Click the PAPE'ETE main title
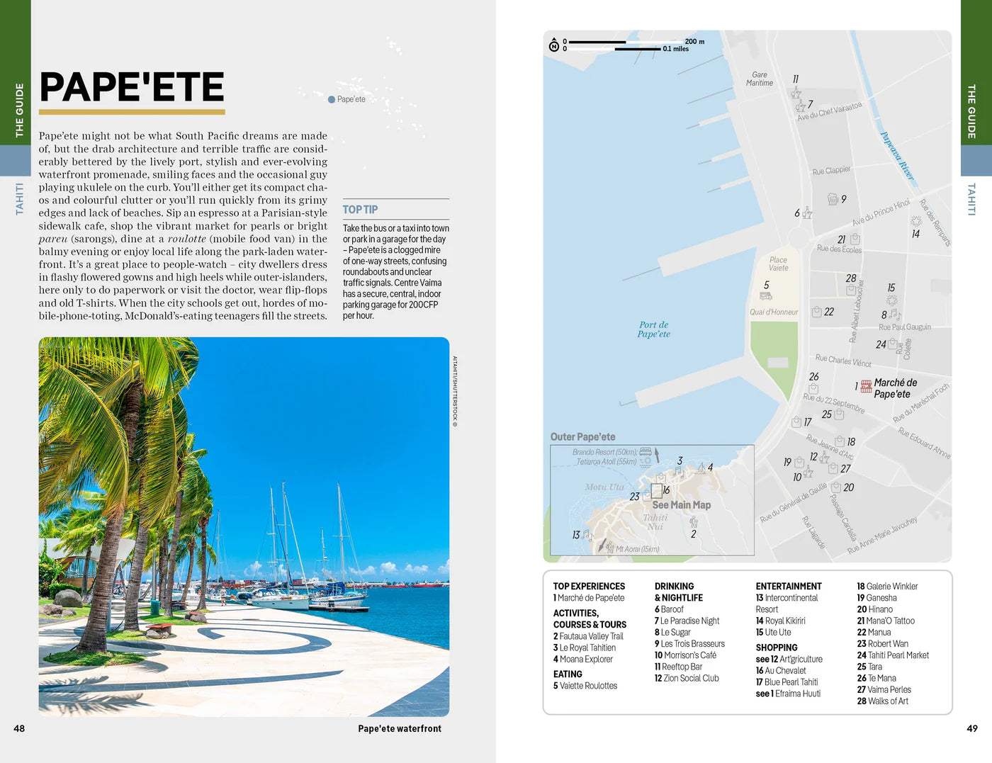(132, 87)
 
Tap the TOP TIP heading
(360, 210)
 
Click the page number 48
(19, 728)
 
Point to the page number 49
(972, 728)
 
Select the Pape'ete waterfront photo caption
(400, 728)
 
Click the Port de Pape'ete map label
(653, 329)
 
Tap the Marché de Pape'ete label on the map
(894, 388)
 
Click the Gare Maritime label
(760, 79)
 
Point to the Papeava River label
(897, 155)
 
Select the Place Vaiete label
(778, 264)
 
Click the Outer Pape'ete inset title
(582, 437)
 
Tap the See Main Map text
(681, 505)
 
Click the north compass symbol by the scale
(554, 46)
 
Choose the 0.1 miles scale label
(676, 49)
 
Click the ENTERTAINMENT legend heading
(788, 587)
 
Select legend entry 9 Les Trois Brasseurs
(689, 644)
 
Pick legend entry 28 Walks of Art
(882, 701)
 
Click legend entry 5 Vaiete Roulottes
(585, 686)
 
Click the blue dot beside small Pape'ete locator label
(332, 100)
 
